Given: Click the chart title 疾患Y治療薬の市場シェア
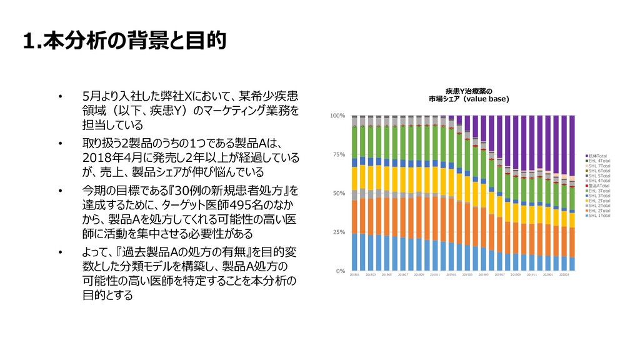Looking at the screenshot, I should click(x=469, y=94).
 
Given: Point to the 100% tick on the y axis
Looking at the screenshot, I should click(x=337, y=116).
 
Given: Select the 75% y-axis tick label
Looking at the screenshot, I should click(x=339, y=154).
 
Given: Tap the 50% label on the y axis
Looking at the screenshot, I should click(x=339, y=194).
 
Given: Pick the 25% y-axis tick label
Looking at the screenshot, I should click(x=339, y=232).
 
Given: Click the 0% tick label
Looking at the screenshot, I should click(x=341, y=271).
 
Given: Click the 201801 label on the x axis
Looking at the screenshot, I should click(x=354, y=274).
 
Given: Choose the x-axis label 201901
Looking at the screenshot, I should click(x=451, y=274).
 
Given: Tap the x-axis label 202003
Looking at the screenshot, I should click(x=565, y=274).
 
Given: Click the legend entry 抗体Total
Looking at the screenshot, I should click(x=597, y=155).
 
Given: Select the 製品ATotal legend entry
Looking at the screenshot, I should click(x=597, y=185).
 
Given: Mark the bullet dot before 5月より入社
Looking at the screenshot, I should click(x=61, y=97).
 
